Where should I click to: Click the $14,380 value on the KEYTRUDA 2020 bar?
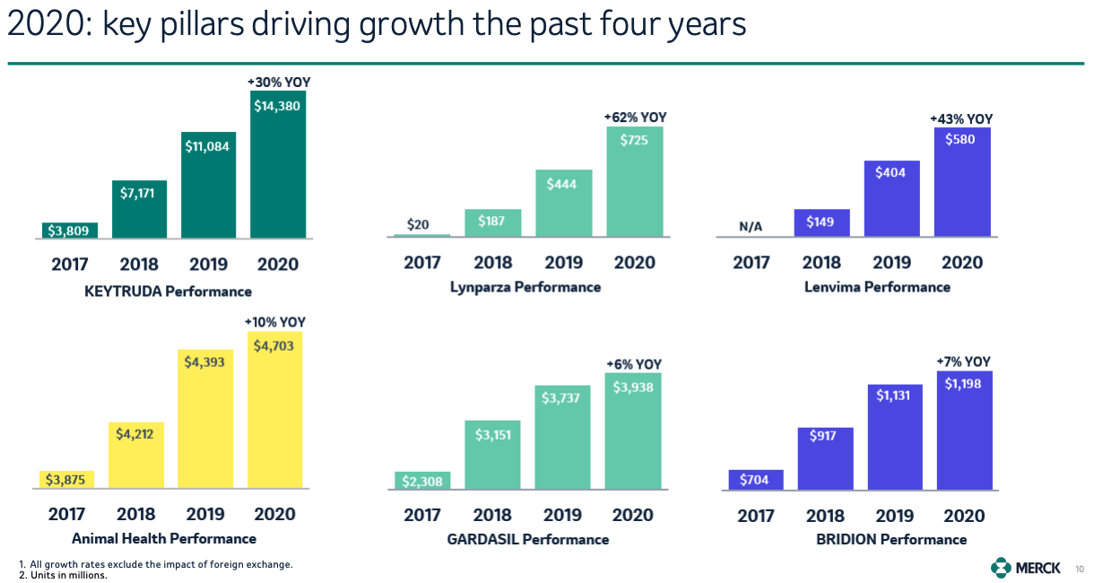[x=277, y=106]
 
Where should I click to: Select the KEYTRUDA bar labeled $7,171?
[x=139, y=208]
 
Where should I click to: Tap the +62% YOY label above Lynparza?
[x=635, y=117]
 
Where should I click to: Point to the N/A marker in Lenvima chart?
[x=751, y=227]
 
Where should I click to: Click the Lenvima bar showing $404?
[x=891, y=197]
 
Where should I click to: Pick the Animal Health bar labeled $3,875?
[x=67, y=479]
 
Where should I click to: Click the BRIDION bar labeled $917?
[x=825, y=457]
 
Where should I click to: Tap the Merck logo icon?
[x=1000, y=567]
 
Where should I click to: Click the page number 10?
[x=1079, y=568]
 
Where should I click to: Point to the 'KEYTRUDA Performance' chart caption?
[x=168, y=291]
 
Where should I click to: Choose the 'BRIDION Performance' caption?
[x=891, y=539]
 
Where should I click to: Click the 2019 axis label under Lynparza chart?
[x=564, y=263]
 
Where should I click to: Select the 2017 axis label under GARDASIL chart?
[x=422, y=515]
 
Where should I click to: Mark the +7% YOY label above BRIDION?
[x=964, y=361]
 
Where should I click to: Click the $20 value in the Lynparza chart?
[x=418, y=224]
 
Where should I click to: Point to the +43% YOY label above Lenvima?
[x=961, y=118]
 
